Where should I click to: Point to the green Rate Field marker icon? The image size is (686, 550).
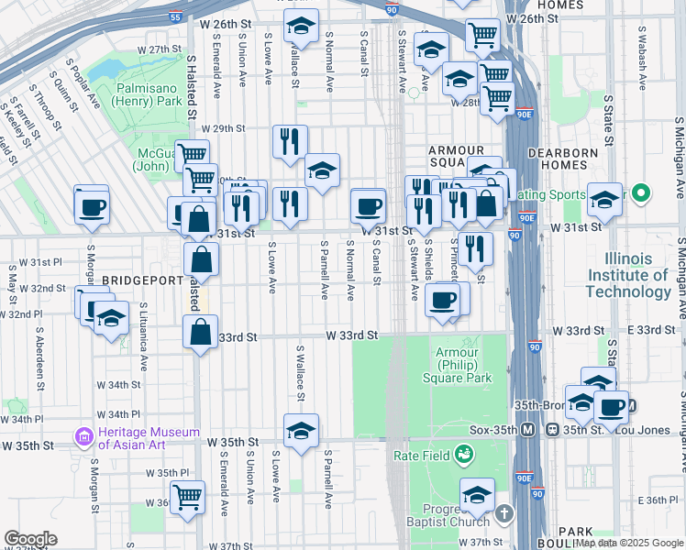tap(466, 454)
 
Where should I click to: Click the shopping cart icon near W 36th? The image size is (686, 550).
tap(187, 497)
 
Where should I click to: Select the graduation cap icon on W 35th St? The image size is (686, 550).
tap(301, 431)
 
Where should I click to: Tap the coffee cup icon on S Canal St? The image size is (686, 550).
tap(369, 206)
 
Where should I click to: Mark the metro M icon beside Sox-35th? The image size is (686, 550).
tap(528, 429)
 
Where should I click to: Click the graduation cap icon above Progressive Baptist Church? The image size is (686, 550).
tap(476, 496)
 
